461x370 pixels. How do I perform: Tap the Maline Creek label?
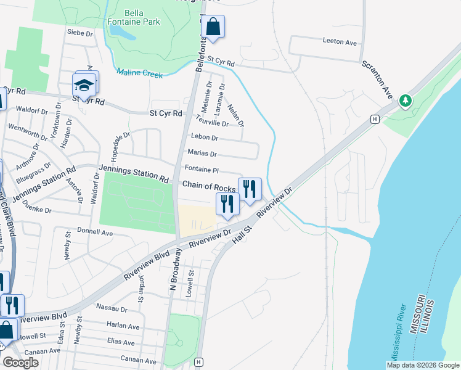pyautogui.click(x=140, y=73)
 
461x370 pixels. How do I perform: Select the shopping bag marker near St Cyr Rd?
pyautogui.click(x=213, y=27)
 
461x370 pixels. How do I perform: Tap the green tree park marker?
pyautogui.click(x=405, y=100)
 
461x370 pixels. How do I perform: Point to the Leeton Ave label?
pyautogui.click(x=340, y=43)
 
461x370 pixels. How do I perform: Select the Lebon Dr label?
pyautogui.click(x=205, y=138)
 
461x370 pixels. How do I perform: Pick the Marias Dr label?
pyautogui.click(x=202, y=154)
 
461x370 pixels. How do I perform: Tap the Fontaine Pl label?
pyautogui.click(x=202, y=170)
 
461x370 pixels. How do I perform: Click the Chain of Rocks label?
pyautogui.click(x=209, y=187)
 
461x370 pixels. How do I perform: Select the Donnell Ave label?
pyautogui.click(x=95, y=232)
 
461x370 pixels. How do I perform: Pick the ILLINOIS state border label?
pyautogui.click(x=430, y=318)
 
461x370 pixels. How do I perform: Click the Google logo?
pyautogui.click(x=20, y=363)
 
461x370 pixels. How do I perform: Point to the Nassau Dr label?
pyautogui.click(x=112, y=308)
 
